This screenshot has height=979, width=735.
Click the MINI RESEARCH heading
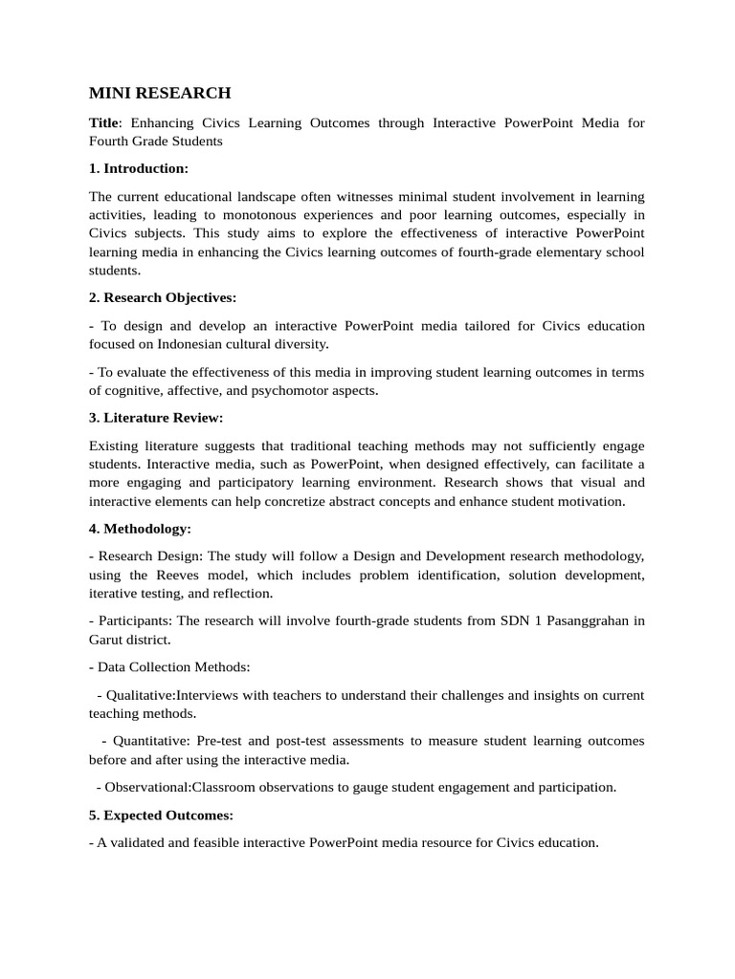coord(160,93)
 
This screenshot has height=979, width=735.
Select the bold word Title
coord(102,123)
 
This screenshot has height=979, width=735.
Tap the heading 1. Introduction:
coord(139,168)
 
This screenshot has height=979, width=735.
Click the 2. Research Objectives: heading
coord(163,297)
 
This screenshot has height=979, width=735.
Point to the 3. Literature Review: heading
coord(156,417)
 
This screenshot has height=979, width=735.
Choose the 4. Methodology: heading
coord(140,528)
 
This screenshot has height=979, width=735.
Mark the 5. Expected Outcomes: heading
coord(161,816)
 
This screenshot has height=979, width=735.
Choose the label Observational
coord(147,787)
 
